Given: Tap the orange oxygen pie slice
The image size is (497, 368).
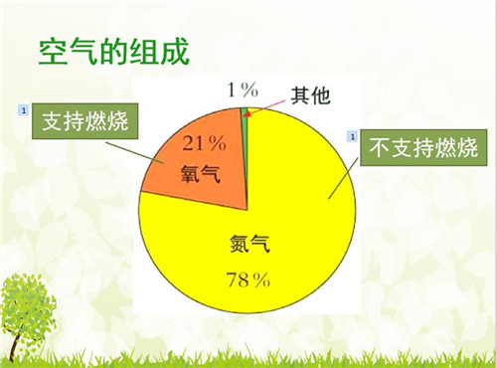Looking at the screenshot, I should [204, 159].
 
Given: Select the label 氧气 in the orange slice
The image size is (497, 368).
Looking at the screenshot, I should [201, 174].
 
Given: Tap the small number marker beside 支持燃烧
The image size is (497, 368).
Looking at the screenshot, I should [22, 108].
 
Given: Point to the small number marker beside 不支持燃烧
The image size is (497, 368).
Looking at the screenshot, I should [350, 134].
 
